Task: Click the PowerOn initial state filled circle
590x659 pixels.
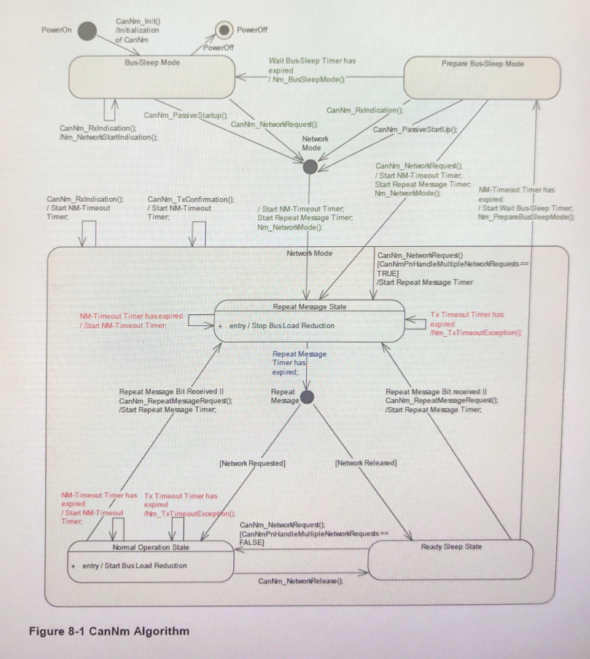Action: click(x=87, y=31)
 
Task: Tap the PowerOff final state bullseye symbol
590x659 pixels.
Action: click(x=224, y=30)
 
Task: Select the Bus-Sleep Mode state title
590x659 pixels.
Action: click(x=152, y=63)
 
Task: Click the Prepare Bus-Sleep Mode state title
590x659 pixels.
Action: click(x=482, y=64)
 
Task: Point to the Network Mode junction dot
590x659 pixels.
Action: click(x=310, y=167)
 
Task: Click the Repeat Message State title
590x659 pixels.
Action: click(x=309, y=307)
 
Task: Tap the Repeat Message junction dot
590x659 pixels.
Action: click(x=307, y=397)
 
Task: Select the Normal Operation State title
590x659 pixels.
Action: click(x=151, y=547)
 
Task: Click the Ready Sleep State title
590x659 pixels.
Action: click(x=451, y=547)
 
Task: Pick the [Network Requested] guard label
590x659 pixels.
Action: click(x=252, y=463)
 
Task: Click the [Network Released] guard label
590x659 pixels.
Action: click(x=366, y=463)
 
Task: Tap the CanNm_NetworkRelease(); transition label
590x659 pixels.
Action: click(x=300, y=581)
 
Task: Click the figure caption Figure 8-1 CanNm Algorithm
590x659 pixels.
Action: click(x=109, y=631)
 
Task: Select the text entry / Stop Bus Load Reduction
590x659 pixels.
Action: click(x=282, y=325)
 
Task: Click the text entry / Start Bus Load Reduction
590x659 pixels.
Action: click(x=135, y=565)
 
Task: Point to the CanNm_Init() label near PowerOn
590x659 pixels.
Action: click(x=138, y=22)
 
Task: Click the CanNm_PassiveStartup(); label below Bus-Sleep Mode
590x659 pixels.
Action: click(x=186, y=115)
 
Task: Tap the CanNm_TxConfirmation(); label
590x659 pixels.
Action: click(x=191, y=199)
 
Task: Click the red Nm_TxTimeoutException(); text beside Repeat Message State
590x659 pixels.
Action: click(x=476, y=333)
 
